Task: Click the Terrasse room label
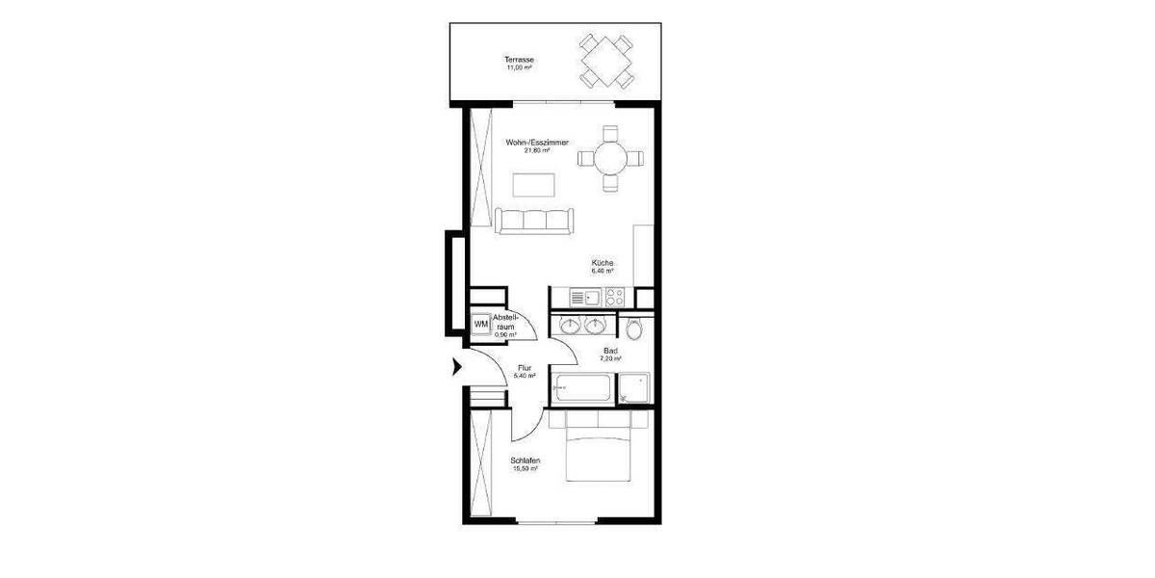click(520, 60)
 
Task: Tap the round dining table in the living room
click(609, 156)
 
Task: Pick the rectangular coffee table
click(533, 183)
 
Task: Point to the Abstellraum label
click(506, 322)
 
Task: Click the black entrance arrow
click(457, 366)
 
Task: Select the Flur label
click(525, 368)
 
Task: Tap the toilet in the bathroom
click(632, 329)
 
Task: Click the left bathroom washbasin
click(570, 325)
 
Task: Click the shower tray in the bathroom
click(635, 387)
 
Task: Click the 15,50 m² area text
click(526, 469)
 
